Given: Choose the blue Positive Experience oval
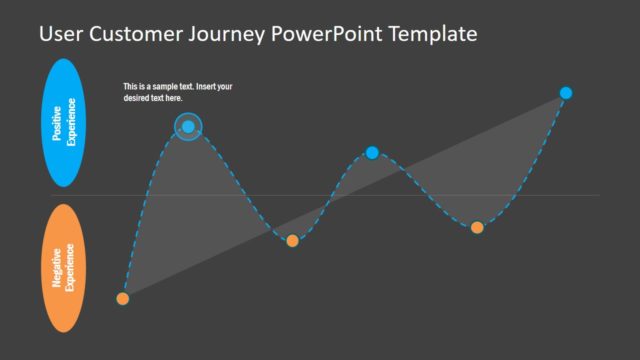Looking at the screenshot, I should click(64, 123).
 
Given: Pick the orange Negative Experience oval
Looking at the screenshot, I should click(64, 267).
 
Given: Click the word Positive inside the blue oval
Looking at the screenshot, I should click(58, 123).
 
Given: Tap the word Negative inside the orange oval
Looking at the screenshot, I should click(58, 267).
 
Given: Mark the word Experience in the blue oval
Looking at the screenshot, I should click(71, 123).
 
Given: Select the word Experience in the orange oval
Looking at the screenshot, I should click(71, 267).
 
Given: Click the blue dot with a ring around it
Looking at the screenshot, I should click(188, 126).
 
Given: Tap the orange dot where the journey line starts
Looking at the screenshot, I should click(123, 298).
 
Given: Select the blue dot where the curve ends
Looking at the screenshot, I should click(565, 93).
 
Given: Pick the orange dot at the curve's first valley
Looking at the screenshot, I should click(292, 240).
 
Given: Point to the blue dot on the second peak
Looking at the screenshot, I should click(372, 153).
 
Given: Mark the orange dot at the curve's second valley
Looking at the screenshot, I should click(477, 227).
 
